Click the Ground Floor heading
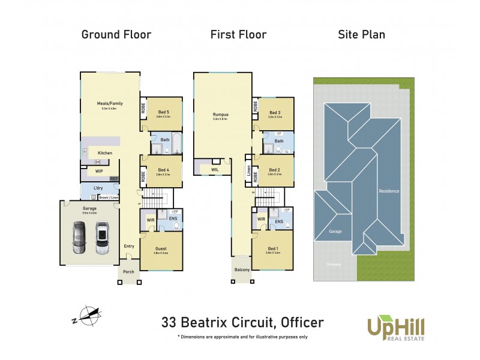116,34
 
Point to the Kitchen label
105,153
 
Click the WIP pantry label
99,171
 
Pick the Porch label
129,272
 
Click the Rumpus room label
221,114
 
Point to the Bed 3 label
275,112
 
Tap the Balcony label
242,270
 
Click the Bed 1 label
272,248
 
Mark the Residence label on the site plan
389,191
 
